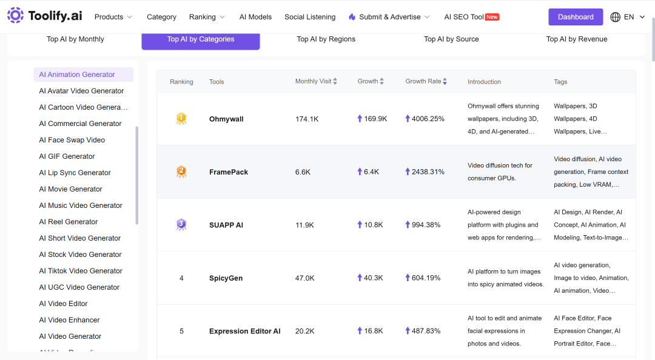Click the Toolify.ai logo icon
(15, 15)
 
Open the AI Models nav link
(255, 17)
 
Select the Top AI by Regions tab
(326, 39)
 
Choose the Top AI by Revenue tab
(577, 39)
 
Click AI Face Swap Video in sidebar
(72, 140)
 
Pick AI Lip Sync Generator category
(75, 173)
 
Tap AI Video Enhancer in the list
(69, 320)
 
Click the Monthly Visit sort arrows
(335, 81)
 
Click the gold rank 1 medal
(181, 119)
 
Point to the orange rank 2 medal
(181, 172)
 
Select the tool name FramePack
(229, 172)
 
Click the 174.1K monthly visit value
(307, 119)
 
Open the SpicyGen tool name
(226, 278)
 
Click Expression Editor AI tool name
(245, 331)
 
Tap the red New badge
(492, 17)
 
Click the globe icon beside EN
(616, 17)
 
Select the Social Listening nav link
(310, 17)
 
